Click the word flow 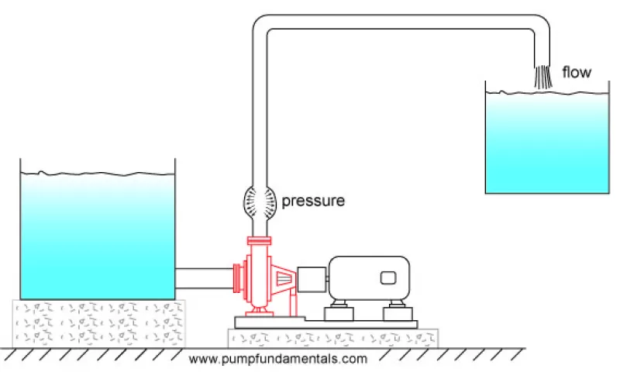(x=576, y=73)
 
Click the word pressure (x=312, y=202)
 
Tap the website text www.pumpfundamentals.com (x=277, y=359)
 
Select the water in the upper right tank (x=546, y=143)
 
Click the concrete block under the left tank (x=99, y=322)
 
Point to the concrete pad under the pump (x=332, y=338)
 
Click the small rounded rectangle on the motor (x=387, y=277)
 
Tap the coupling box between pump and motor (x=312, y=278)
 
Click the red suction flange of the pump (x=239, y=278)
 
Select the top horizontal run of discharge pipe (x=403, y=23)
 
